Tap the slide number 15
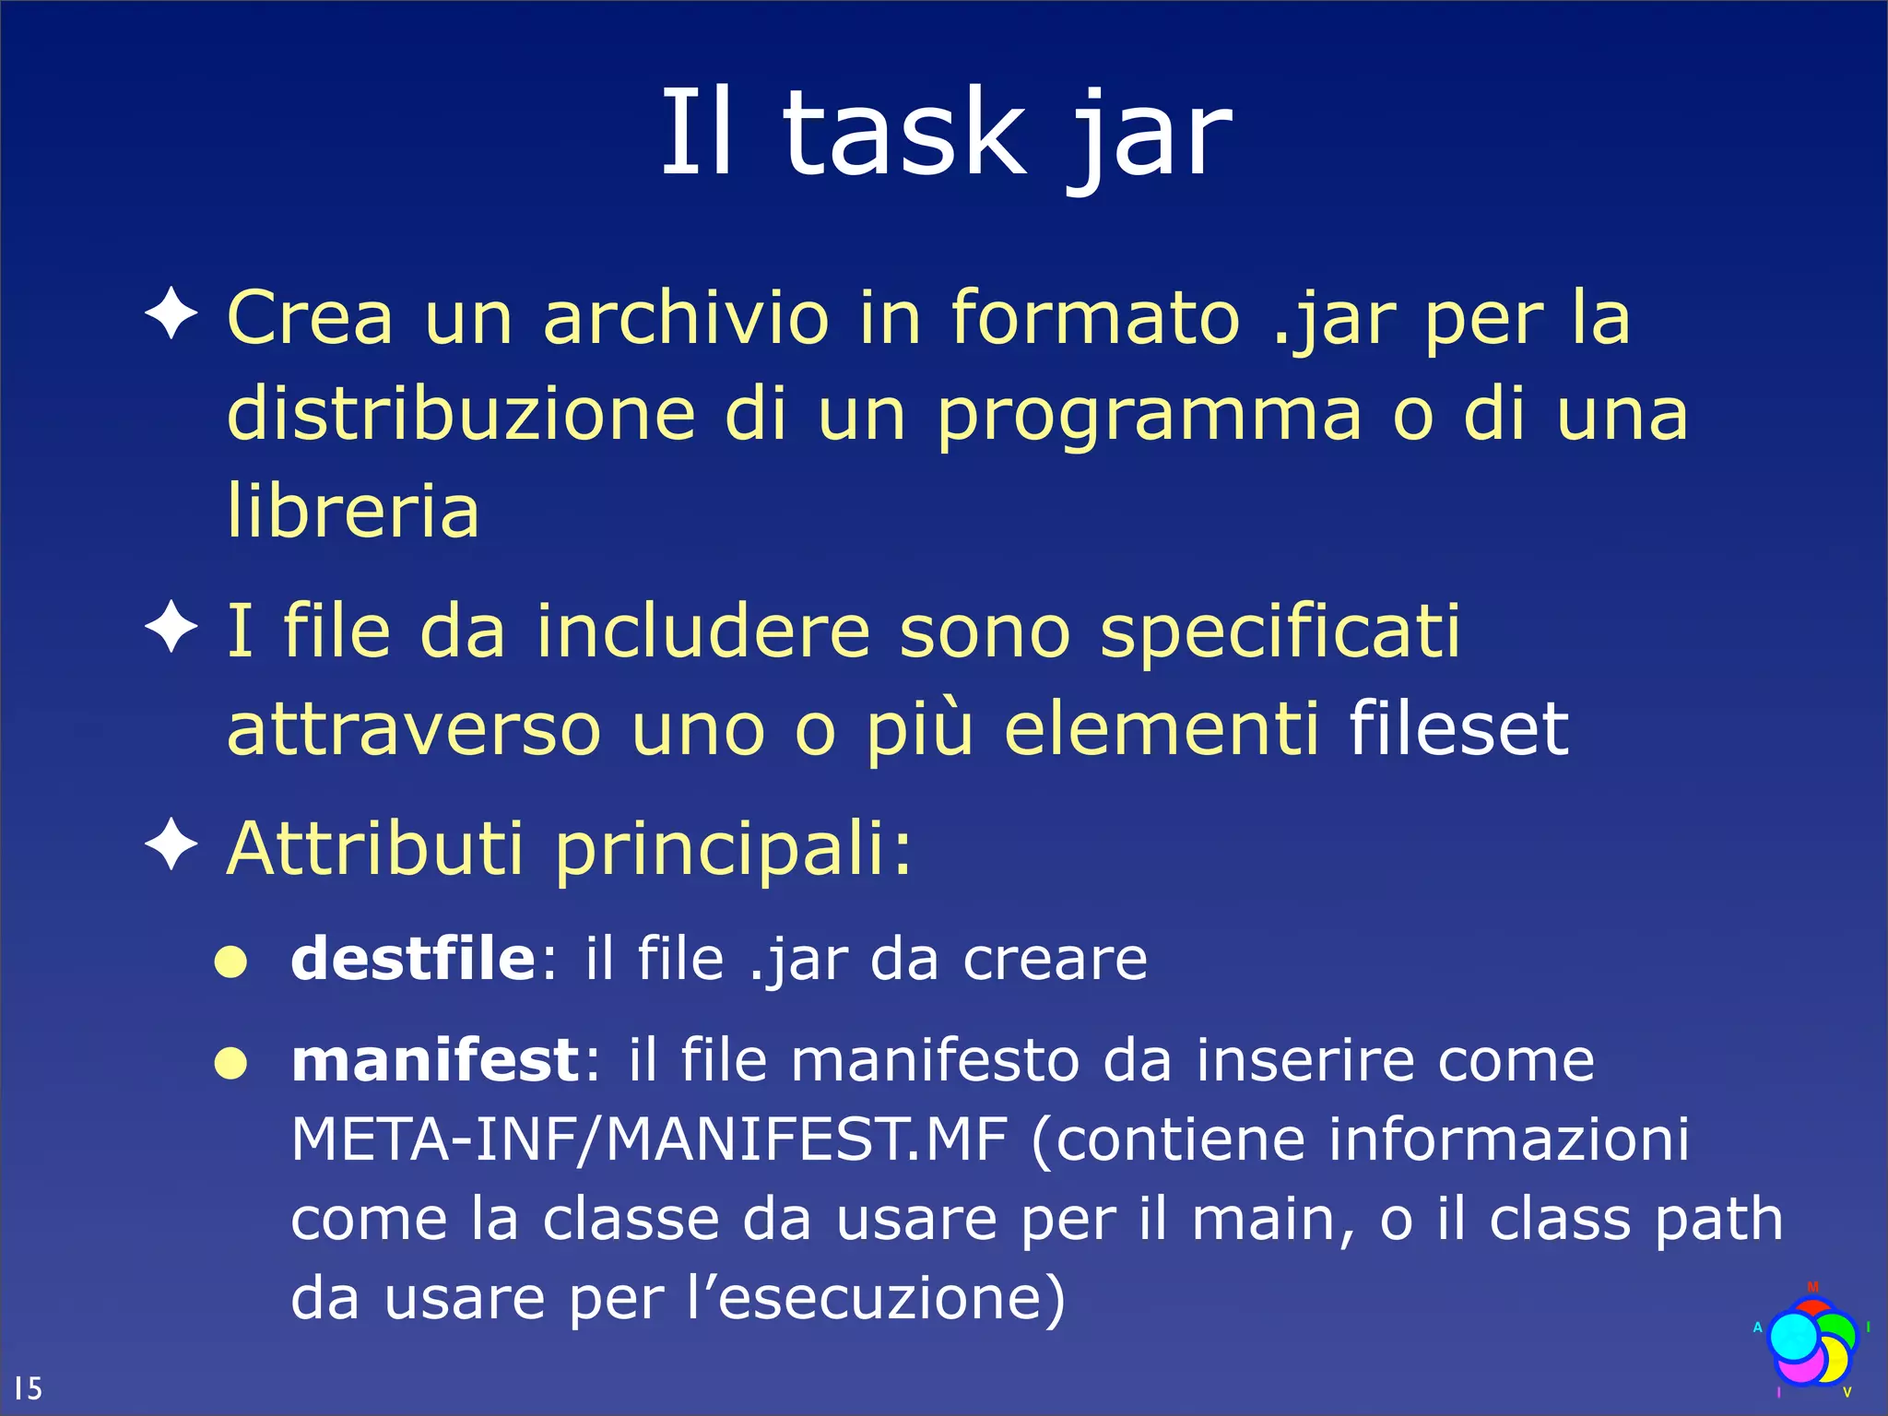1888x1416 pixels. click(28, 1388)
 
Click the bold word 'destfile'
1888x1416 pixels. click(412, 959)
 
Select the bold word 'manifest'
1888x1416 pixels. click(435, 1060)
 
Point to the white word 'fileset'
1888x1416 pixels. click(1458, 728)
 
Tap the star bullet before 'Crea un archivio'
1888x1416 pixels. click(171, 313)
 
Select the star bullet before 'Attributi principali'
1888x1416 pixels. click(171, 844)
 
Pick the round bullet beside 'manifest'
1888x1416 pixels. click(230, 1065)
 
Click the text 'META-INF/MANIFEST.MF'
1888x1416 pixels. click(649, 1140)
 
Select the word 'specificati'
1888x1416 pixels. click(1280, 632)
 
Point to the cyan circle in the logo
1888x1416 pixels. click(1793, 1336)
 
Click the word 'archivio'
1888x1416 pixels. click(687, 318)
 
